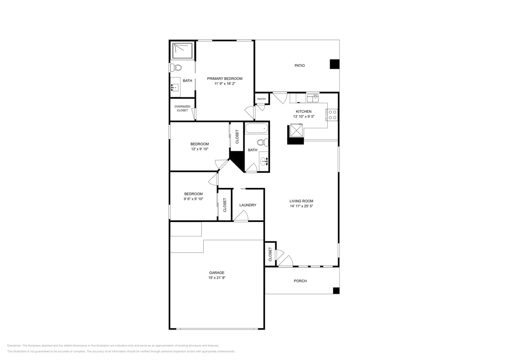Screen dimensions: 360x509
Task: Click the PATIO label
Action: click(x=299, y=66)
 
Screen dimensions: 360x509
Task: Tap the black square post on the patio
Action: click(x=334, y=64)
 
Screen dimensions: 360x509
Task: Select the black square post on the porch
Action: click(x=336, y=291)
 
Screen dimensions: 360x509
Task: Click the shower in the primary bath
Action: click(x=182, y=50)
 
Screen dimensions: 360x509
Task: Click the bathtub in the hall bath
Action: click(x=257, y=128)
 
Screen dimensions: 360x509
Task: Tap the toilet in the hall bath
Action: click(x=262, y=142)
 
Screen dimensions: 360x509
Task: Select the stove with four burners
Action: click(x=332, y=115)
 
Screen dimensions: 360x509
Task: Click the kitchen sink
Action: click(x=313, y=98)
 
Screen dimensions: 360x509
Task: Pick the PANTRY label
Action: click(x=262, y=99)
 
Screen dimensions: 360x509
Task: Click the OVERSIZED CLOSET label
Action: click(x=182, y=108)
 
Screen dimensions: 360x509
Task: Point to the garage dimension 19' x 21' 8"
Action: click(x=216, y=278)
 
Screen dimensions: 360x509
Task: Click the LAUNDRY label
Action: click(x=248, y=205)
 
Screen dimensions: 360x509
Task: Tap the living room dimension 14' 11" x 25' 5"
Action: click(x=301, y=206)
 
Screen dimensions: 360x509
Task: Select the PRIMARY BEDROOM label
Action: click(x=224, y=79)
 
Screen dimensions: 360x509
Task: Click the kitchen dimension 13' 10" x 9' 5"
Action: click(x=303, y=117)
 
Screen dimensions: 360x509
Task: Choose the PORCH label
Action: click(x=300, y=281)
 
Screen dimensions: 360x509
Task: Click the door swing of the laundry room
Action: click(x=241, y=216)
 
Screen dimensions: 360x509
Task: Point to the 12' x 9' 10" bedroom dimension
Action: click(x=199, y=149)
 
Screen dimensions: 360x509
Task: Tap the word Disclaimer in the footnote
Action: click(x=14, y=346)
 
